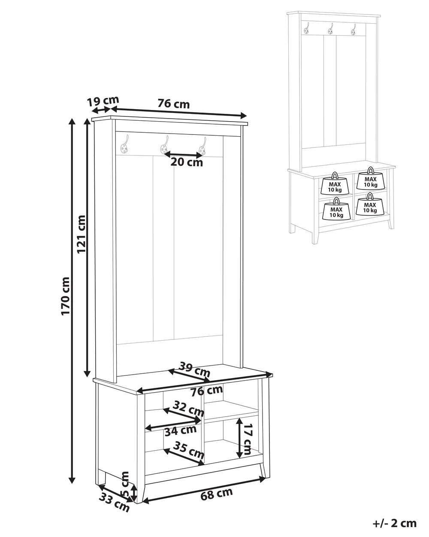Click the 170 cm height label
click(x=65, y=296)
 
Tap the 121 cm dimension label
click(x=81, y=234)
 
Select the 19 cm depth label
click(x=103, y=101)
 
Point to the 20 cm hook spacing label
click(x=187, y=162)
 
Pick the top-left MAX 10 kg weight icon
click(x=335, y=183)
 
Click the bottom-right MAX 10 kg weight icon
click(x=370, y=204)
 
